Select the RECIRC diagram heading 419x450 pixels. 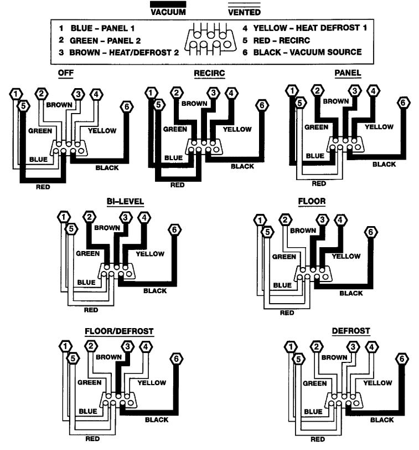point(209,73)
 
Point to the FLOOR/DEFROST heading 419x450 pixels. point(119,331)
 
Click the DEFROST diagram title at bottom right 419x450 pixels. point(351,331)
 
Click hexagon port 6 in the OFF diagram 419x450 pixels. point(126,106)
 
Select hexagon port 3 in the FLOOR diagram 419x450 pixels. point(323,220)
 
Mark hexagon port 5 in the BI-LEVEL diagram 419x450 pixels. point(70,228)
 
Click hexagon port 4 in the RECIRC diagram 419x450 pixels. point(232,93)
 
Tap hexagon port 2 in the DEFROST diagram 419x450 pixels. point(316,347)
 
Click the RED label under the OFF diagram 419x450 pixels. point(42,187)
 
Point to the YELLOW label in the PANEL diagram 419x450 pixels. point(379,127)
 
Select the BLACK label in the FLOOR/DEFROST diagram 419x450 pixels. point(157,420)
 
